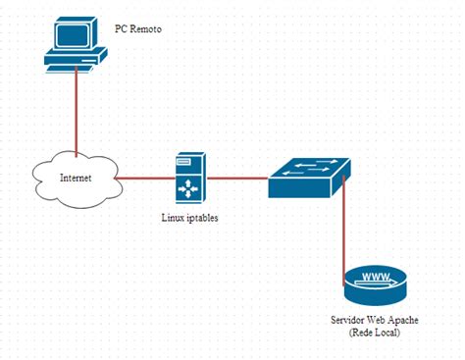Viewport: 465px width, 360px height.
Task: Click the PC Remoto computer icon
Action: [75, 44]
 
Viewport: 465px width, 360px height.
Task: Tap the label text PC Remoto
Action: [137, 30]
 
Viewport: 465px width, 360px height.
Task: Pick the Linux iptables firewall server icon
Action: [189, 178]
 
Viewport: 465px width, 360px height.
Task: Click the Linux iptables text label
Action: [189, 218]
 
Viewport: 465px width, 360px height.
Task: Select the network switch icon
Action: [310, 180]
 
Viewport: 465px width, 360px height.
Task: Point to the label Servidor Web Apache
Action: [375, 322]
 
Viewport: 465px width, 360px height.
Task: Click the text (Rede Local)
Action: [375, 334]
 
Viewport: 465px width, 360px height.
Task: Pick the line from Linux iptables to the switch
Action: [235, 179]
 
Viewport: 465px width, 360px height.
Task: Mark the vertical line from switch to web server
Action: [343, 231]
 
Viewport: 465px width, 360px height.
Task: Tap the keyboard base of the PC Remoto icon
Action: [75, 62]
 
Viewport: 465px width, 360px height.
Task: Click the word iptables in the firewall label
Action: [200, 218]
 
